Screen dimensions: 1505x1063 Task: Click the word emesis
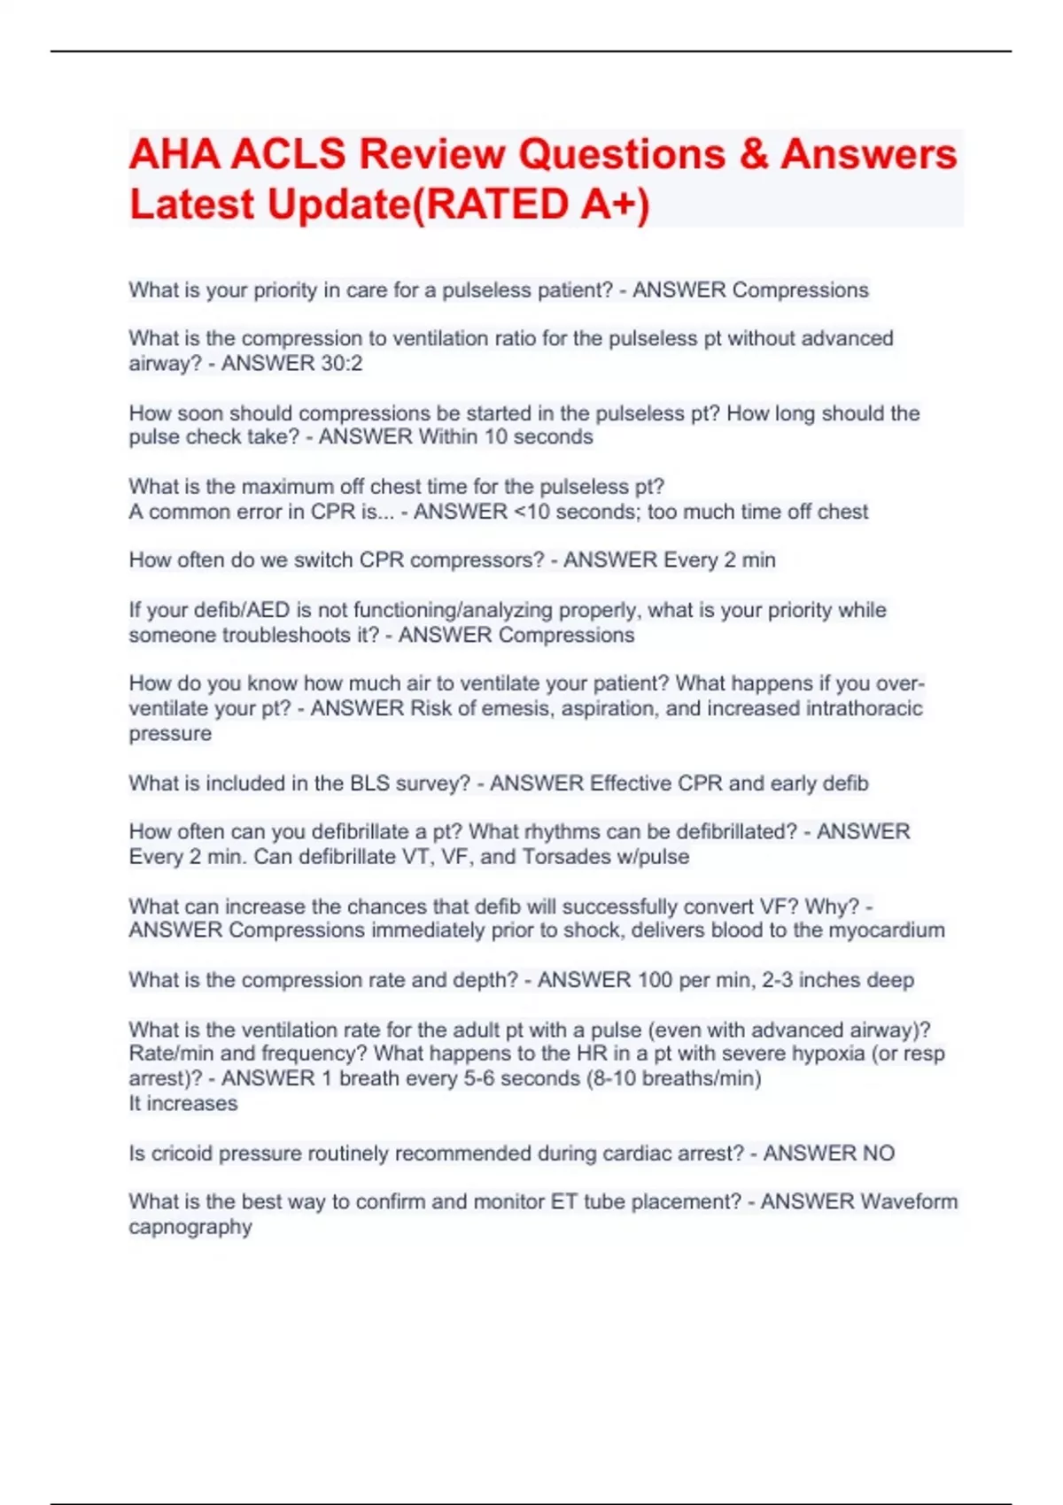tap(493, 708)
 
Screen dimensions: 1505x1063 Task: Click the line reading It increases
tap(183, 1104)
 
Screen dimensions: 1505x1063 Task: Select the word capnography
tap(190, 1227)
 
